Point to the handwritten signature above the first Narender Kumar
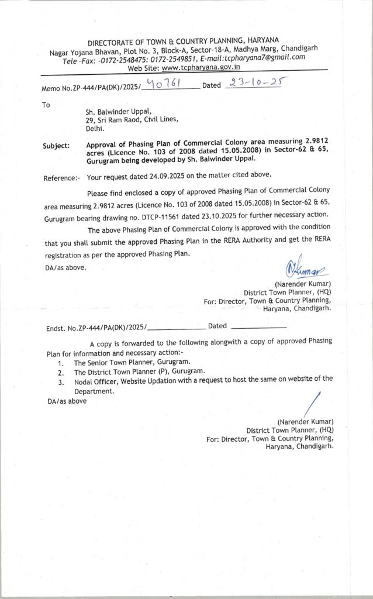(x=305, y=269)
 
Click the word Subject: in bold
(x=56, y=146)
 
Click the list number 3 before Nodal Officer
(x=61, y=382)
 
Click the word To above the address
(x=46, y=105)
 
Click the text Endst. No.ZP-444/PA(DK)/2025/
(x=96, y=328)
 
